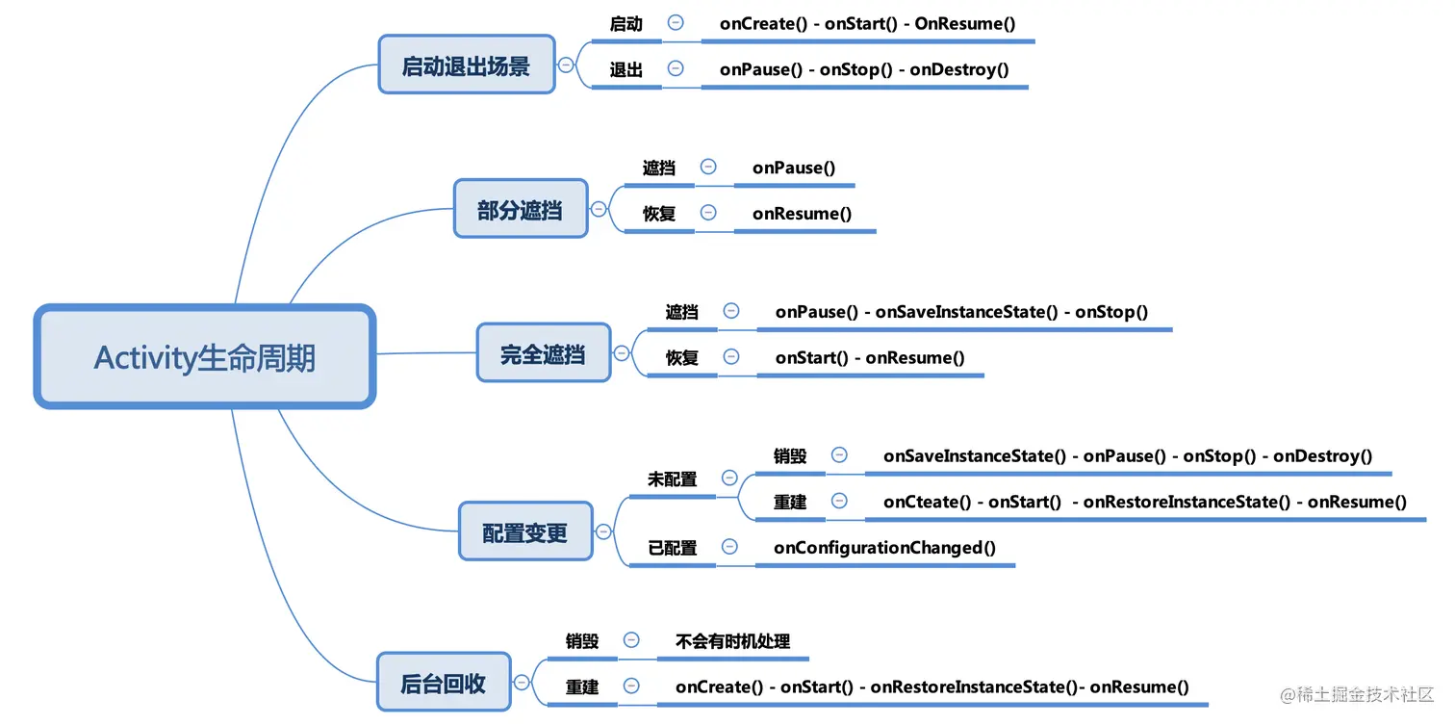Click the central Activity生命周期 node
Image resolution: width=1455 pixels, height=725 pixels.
[204, 357]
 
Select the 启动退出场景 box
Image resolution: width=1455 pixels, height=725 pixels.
[466, 65]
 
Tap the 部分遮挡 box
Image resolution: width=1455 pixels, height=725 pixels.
[520, 209]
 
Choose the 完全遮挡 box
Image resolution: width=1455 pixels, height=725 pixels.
[543, 353]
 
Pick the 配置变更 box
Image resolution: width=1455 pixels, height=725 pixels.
[524, 531]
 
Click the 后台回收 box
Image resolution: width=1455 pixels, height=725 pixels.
[443, 684]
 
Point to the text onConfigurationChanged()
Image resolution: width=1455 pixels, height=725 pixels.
[884, 547]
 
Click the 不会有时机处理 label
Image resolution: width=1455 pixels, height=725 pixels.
[732, 640]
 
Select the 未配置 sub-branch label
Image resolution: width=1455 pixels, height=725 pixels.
[672, 478]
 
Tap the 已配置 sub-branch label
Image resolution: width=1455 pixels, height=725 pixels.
[672, 547]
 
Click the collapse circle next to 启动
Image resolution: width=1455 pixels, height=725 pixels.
[676, 22]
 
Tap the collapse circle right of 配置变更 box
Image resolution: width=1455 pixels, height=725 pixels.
[603, 531]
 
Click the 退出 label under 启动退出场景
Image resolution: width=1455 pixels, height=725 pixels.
[625, 69]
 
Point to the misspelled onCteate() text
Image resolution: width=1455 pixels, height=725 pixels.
[930, 502]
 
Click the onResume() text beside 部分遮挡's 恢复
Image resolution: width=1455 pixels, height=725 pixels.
[802, 213]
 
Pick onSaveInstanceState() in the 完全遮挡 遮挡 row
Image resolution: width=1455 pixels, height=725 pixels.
[966, 311]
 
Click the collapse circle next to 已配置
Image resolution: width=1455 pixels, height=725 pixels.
[729, 547]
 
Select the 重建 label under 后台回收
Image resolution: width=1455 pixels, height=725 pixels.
[582, 686]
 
